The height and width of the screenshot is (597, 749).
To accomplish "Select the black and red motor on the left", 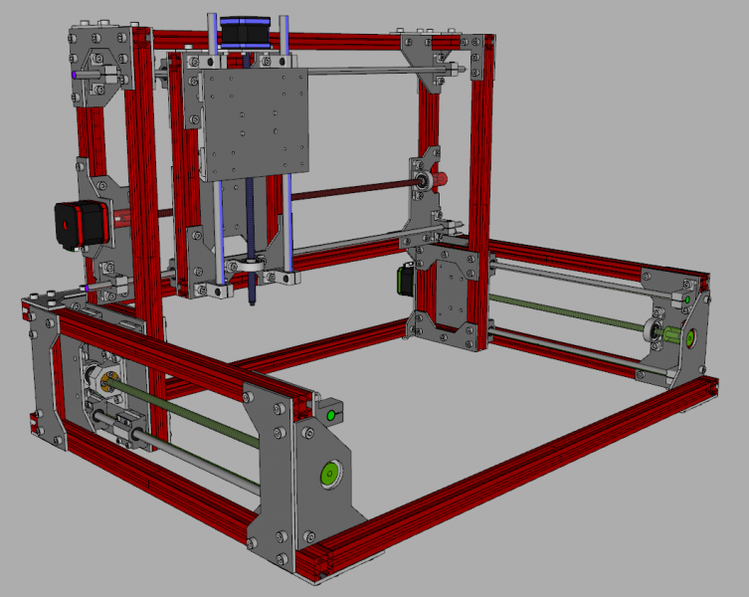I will coord(72,227).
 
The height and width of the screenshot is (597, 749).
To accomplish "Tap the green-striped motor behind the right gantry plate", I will coord(405,281).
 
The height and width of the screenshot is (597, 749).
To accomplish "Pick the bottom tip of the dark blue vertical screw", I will coord(253,297).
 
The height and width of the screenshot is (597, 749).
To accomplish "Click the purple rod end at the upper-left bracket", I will coord(77,76).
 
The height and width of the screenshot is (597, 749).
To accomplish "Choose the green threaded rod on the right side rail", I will coord(567,310).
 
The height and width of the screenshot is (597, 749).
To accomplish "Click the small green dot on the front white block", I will coord(329,415).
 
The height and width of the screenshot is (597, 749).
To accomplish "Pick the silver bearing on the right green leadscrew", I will coord(656,329).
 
